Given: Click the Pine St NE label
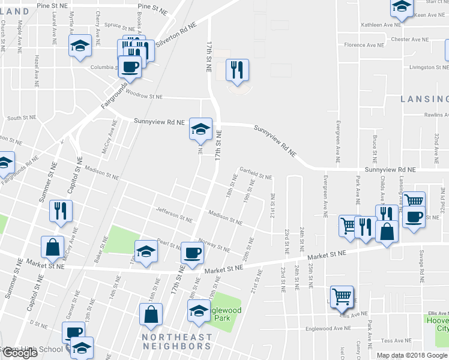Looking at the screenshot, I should coord(153,10).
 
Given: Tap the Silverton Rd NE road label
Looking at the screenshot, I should coord(176,36).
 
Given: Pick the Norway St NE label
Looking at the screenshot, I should coord(214,246).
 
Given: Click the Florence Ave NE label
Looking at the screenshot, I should coord(364,45).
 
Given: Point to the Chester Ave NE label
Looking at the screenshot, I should coord(410,40).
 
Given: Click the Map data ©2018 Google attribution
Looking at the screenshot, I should coord(412,355).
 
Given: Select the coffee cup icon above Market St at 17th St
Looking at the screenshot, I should coord(192,254).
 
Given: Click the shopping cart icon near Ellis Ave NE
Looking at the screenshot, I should coord(342,296).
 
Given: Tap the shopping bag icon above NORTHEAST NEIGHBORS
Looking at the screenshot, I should coord(151,314).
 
